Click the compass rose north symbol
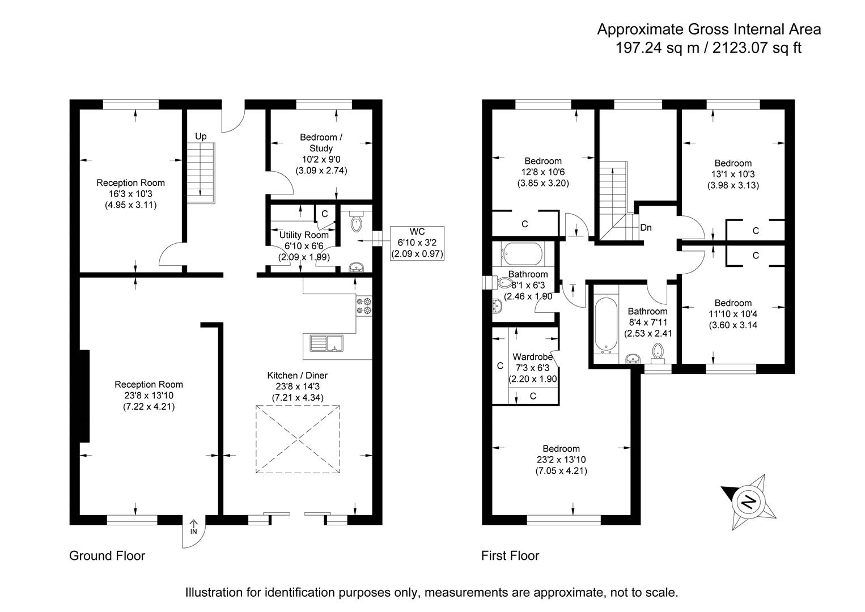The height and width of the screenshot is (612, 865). point(749,501)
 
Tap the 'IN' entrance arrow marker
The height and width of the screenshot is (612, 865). point(193,527)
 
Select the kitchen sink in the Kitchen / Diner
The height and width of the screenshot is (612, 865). point(327,343)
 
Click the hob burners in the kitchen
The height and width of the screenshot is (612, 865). point(363,306)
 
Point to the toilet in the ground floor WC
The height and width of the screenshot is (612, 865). point(356,222)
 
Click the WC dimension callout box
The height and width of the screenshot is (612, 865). point(417,243)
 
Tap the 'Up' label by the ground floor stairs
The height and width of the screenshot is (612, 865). point(201,136)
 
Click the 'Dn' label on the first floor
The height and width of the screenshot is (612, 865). point(646,228)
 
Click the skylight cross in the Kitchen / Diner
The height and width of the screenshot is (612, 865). point(298,439)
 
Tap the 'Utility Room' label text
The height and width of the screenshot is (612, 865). point(304,235)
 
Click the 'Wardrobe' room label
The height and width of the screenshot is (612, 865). point(532,357)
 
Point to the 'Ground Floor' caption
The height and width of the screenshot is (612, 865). point(107,556)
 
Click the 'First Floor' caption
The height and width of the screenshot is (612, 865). point(510,556)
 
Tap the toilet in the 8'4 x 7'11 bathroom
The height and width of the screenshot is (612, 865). point(658,351)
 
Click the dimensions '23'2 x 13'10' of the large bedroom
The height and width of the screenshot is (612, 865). point(561,460)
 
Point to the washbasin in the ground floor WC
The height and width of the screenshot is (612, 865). point(357,267)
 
